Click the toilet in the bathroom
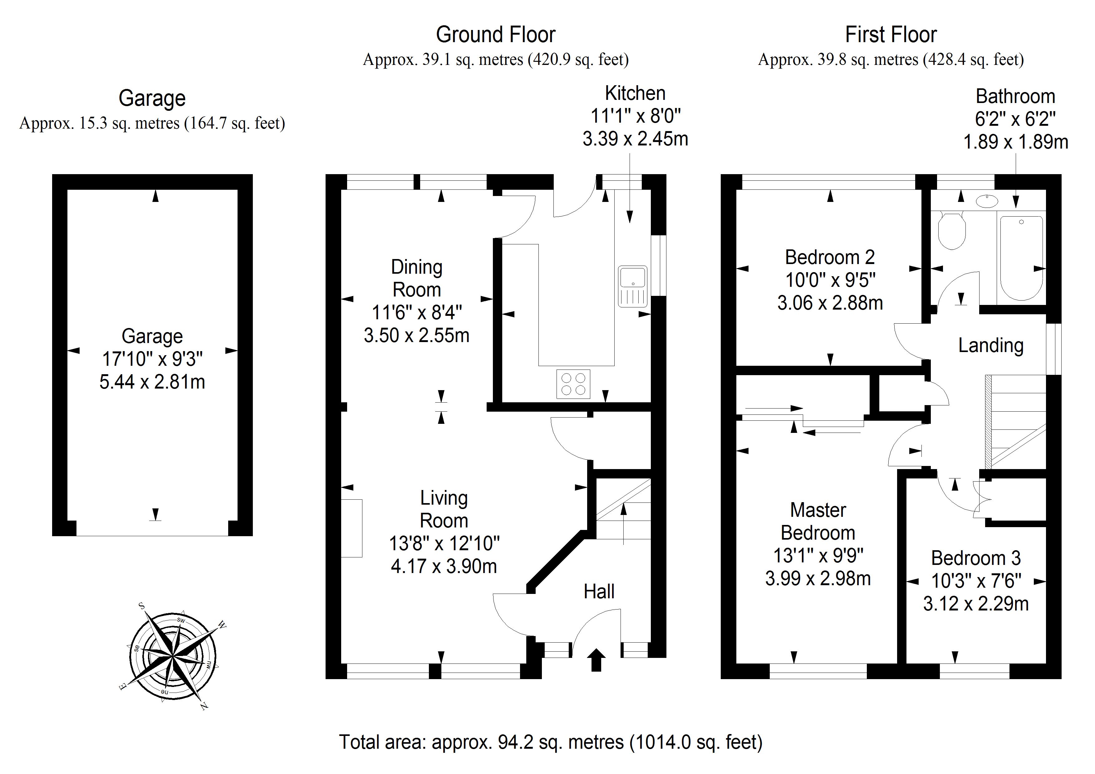(x=951, y=231)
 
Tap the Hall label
(x=599, y=591)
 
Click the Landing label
(x=990, y=345)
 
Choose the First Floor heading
(x=891, y=35)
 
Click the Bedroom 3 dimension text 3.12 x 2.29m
(x=975, y=604)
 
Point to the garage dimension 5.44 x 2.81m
(x=152, y=381)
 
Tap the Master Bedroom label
(x=818, y=521)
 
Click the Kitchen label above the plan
(x=635, y=93)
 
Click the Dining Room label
(x=416, y=278)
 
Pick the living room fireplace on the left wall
(x=352, y=528)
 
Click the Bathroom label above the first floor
(x=1015, y=96)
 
